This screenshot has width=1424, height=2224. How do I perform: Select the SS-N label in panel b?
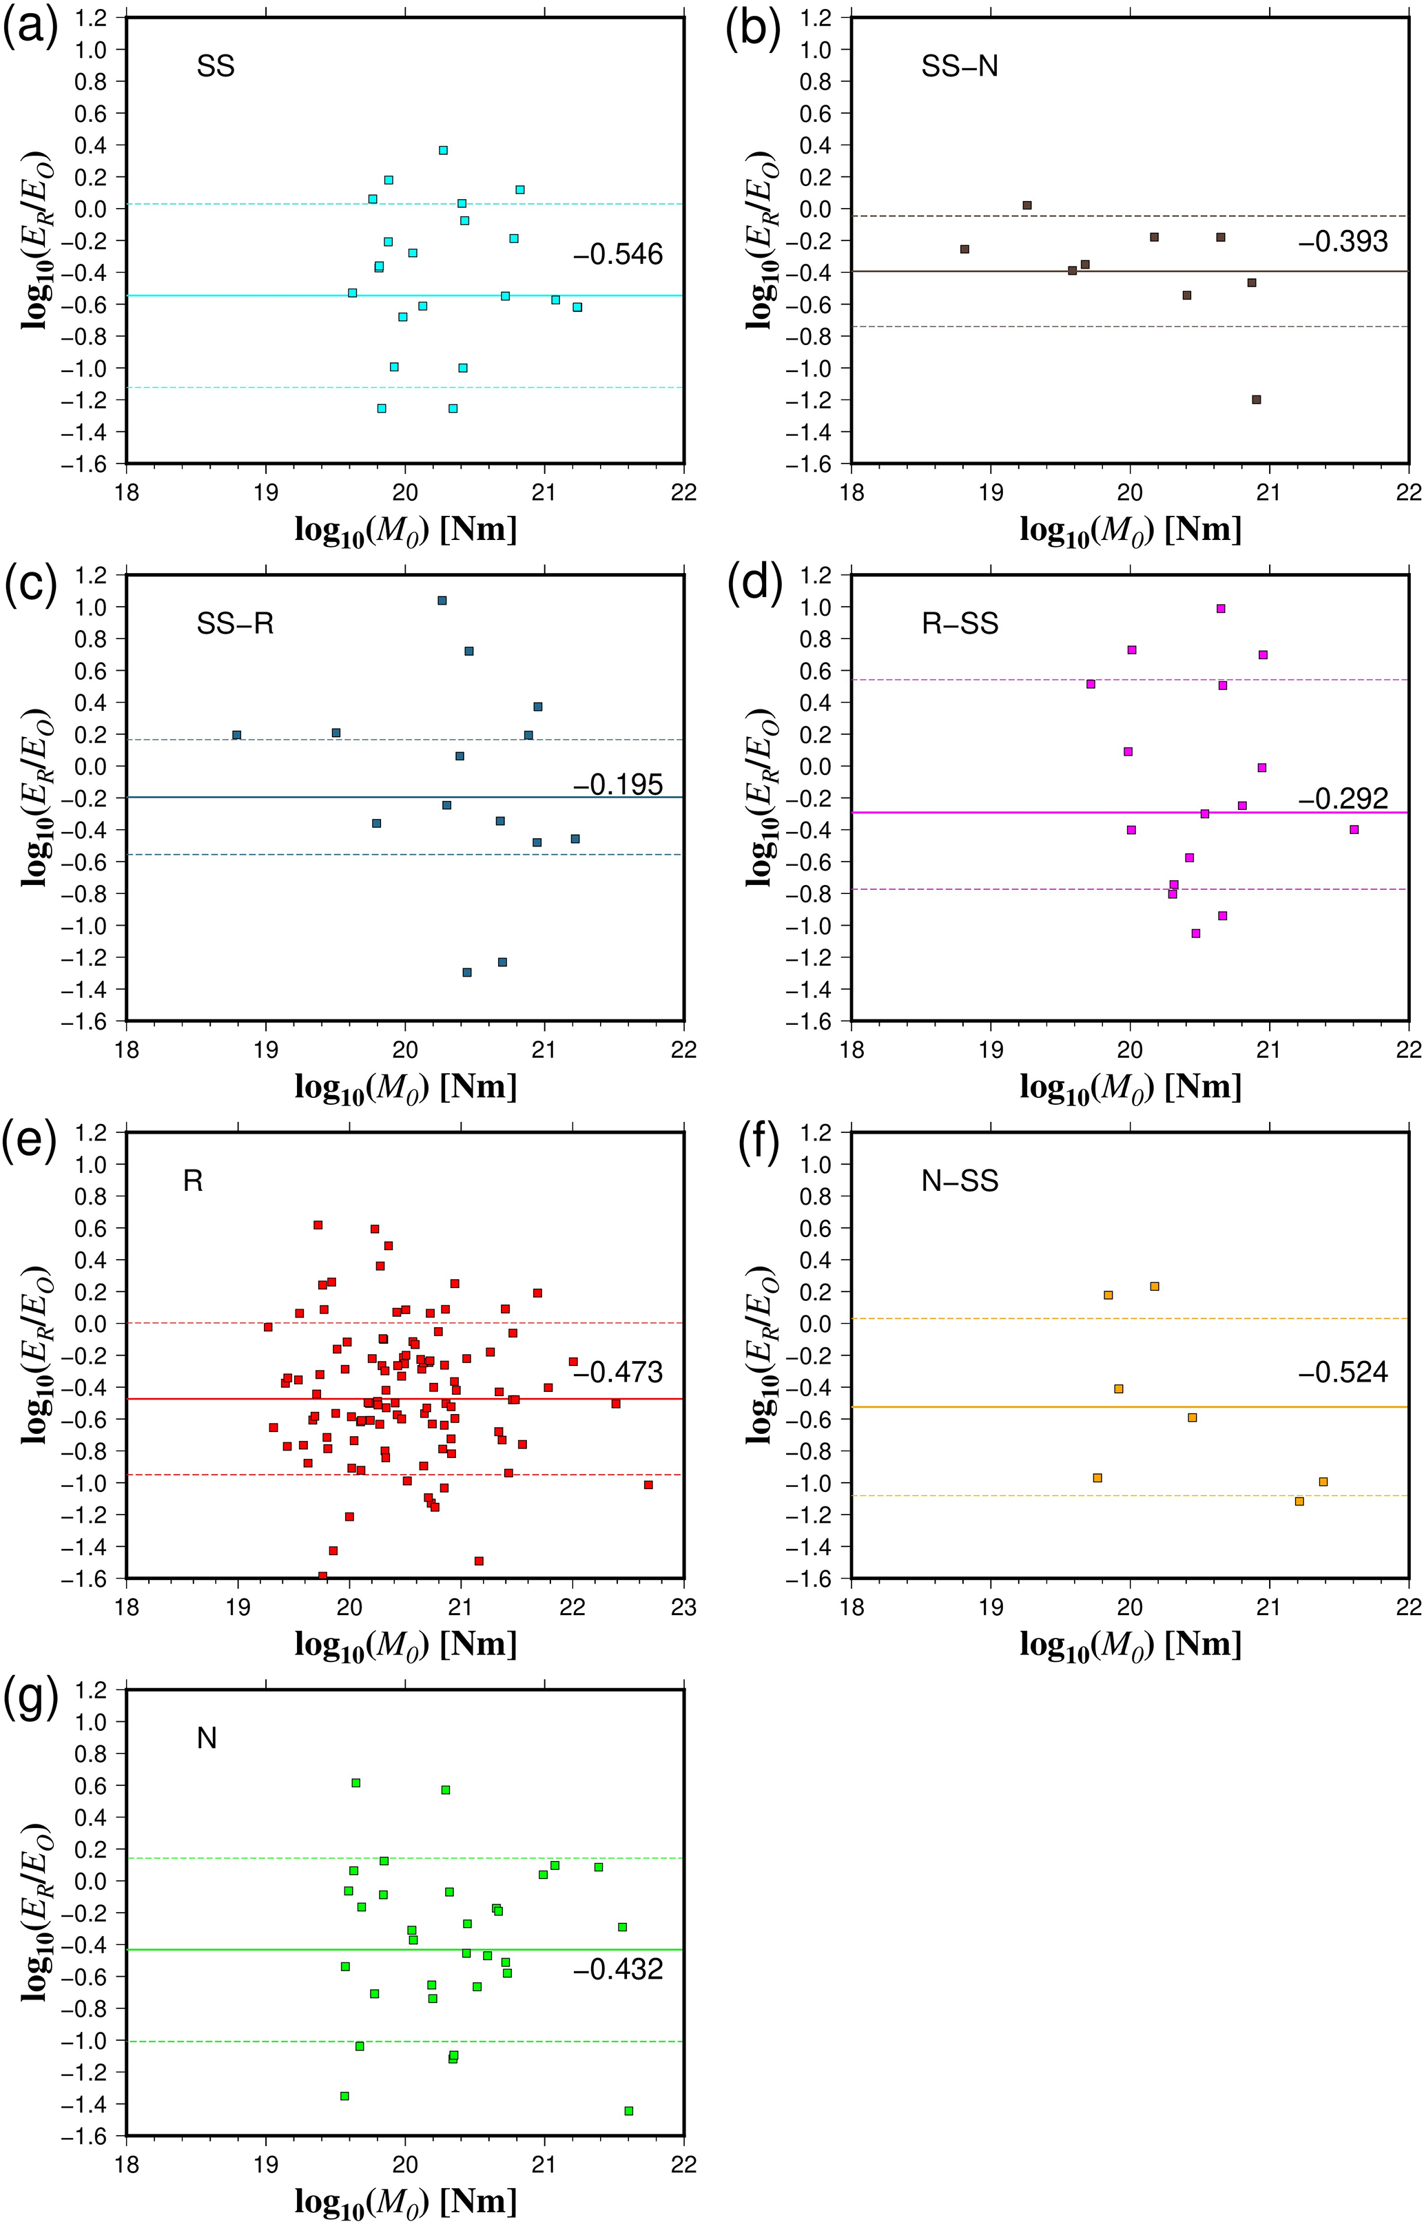tap(960, 67)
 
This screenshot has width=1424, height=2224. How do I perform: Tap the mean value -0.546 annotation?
tap(618, 254)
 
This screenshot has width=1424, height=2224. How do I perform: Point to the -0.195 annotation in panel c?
tap(618, 784)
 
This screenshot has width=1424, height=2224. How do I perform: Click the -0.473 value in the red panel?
tap(618, 1372)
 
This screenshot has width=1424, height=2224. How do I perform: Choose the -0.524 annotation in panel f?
tap(1343, 1372)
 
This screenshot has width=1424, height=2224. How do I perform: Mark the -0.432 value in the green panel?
tap(618, 1969)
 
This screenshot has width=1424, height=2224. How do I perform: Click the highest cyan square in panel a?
tap(443, 149)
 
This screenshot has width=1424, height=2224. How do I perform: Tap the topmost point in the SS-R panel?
tap(442, 601)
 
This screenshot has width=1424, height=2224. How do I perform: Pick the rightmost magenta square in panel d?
tap(1354, 829)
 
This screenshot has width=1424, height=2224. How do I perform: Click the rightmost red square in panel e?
tap(648, 1484)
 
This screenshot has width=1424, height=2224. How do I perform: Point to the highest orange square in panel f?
tap(1154, 1286)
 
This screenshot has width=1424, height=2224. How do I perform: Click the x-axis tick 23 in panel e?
tap(683, 1607)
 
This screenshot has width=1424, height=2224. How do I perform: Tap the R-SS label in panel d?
tap(960, 624)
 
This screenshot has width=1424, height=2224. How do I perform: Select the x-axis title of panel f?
tap(1130, 1645)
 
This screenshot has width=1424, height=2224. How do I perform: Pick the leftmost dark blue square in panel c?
tap(237, 735)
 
